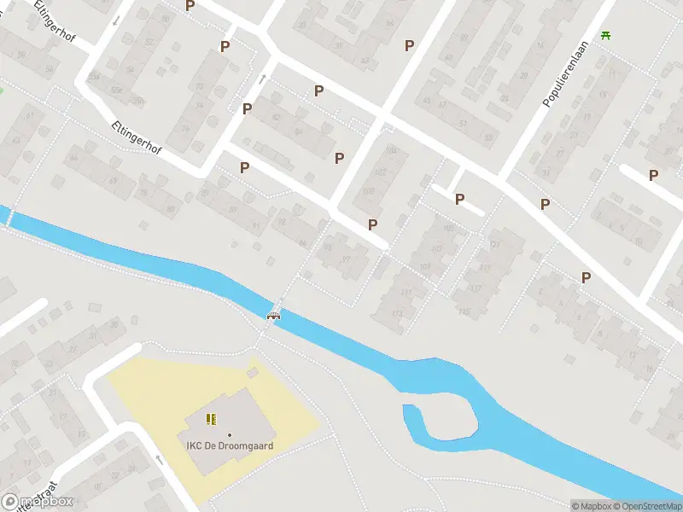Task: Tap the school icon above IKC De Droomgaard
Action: click(211, 419)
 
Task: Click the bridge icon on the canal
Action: click(274, 316)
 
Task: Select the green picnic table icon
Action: click(606, 35)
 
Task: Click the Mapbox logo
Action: click(38, 501)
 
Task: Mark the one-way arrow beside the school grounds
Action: click(160, 459)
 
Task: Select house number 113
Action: click(396, 315)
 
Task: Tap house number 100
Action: click(369, 189)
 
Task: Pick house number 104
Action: click(392, 151)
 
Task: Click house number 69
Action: click(113, 181)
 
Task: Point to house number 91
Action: click(256, 226)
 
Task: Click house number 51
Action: click(464, 123)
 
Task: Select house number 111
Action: click(406, 292)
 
